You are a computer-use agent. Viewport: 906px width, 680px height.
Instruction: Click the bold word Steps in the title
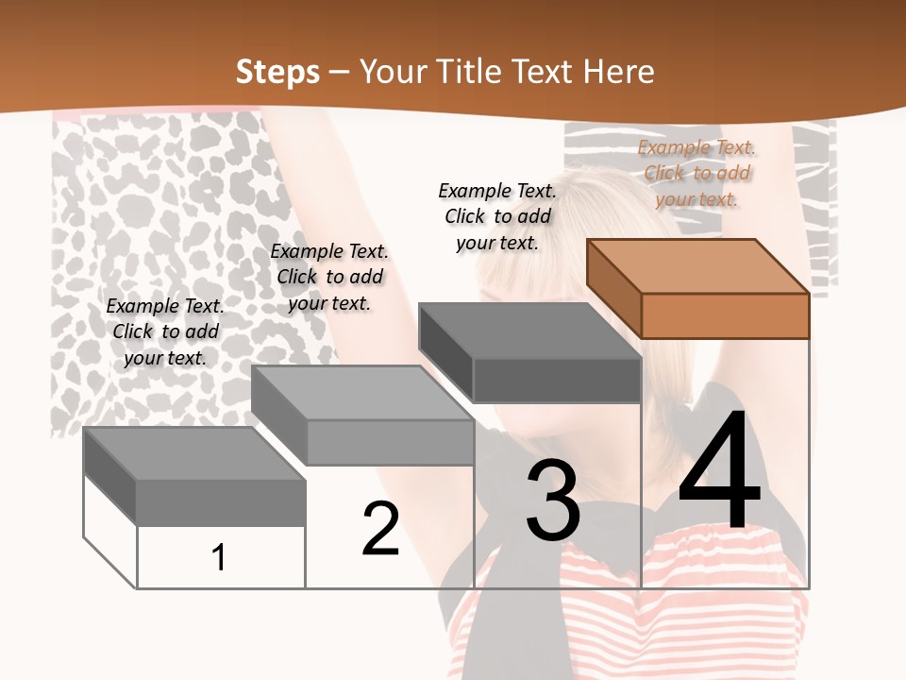[x=277, y=72]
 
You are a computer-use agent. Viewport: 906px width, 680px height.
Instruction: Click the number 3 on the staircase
[x=553, y=501]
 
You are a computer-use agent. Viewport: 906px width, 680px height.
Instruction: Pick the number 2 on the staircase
[x=381, y=529]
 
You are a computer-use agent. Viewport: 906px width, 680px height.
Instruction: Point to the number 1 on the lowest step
[x=219, y=557]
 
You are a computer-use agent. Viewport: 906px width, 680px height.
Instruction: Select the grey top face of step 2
[x=362, y=393]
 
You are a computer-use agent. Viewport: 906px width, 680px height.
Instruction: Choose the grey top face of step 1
[x=194, y=453]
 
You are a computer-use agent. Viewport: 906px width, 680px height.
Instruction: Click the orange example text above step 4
[x=696, y=173]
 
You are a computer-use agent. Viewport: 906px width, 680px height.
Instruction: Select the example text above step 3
[x=497, y=216]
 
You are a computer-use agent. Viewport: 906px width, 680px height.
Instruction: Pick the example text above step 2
[x=329, y=277]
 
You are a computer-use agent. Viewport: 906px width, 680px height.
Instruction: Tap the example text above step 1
[x=165, y=331]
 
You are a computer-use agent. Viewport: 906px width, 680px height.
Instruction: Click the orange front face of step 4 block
[x=725, y=315]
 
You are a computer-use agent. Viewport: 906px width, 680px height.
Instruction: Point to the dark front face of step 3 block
[x=557, y=380]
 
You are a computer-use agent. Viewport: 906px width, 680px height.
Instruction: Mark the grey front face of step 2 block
[x=390, y=442]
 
